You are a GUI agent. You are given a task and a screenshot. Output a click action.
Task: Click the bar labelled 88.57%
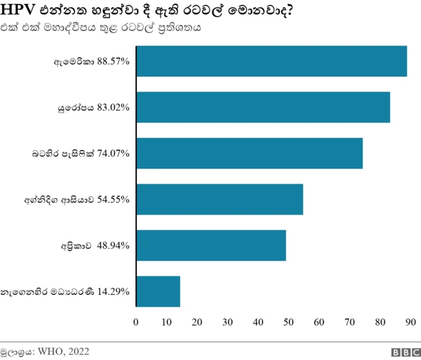[x=271, y=61]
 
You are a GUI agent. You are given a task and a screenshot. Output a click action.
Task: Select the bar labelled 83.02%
[x=263, y=107]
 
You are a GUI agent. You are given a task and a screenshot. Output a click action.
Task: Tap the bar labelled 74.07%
[x=249, y=153]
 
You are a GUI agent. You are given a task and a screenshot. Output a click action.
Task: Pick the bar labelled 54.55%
[x=220, y=199]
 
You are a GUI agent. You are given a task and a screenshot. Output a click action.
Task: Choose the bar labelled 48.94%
[x=211, y=245]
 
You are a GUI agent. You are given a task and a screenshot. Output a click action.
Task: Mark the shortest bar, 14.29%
[x=158, y=291]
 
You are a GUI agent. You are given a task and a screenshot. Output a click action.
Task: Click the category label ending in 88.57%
[x=91, y=61]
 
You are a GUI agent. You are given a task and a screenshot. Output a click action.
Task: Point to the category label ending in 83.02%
[x=93, y=107]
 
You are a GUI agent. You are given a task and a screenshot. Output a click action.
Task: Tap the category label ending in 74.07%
[x=81, y=153]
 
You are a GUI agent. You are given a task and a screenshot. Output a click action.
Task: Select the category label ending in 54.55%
[x=76, y=199]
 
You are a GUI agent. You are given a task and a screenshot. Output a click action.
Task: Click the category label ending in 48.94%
[x=94, y=245]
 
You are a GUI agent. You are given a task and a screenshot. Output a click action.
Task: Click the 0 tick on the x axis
[x=136, y=322]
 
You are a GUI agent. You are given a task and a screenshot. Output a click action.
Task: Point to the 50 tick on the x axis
[x=289, y=322]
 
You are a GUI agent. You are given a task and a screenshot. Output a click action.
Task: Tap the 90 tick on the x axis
[x=410, y=322]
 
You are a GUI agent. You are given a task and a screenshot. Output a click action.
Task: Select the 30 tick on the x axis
[x=228, y=322]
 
